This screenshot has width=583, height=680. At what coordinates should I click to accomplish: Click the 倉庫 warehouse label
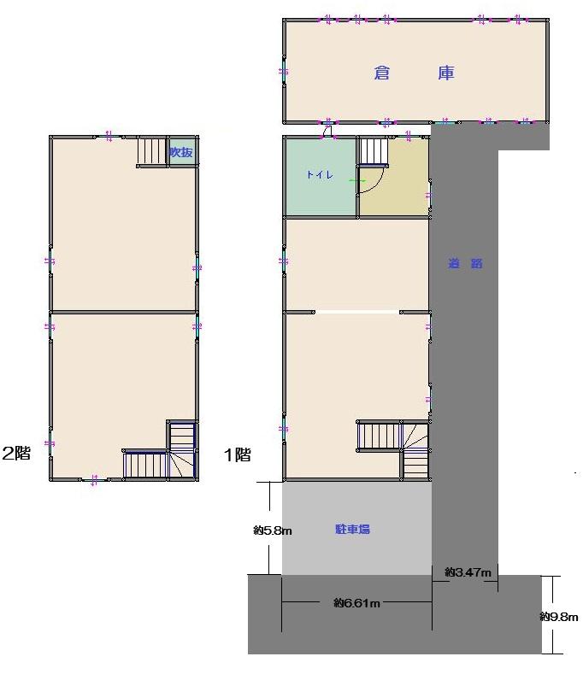coord(414,73)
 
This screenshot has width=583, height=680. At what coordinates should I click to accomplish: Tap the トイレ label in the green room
coord(320,175)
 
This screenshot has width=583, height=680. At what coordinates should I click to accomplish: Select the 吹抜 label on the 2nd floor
coord(181,152)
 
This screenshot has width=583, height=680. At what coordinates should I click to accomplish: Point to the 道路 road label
coord(465,263)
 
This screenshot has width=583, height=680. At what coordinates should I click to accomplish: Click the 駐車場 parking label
coord(352,529)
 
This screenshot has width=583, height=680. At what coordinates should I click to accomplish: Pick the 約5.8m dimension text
coord(273,530)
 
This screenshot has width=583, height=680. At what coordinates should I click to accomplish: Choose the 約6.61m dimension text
coord(356,603)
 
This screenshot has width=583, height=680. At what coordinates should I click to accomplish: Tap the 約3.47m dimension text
coord(468,572)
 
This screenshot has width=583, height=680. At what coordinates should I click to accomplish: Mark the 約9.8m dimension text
coord(559,616)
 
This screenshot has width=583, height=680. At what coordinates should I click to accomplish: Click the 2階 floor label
coord(16,453)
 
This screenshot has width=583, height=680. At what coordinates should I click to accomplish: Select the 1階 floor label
coord(237,455)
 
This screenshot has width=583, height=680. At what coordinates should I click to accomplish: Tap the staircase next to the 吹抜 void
coord(152,150)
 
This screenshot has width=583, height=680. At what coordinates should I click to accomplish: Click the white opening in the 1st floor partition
coord(356,312)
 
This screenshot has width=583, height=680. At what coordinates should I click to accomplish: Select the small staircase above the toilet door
coord(373,151)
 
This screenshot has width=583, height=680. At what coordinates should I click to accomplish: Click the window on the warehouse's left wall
coord(284,72)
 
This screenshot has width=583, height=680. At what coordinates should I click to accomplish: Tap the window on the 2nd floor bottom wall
coord(94,479)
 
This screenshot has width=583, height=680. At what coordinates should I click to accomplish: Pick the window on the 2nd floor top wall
coord(109,137)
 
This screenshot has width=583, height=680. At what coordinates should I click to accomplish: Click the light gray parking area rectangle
coord(356,528)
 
